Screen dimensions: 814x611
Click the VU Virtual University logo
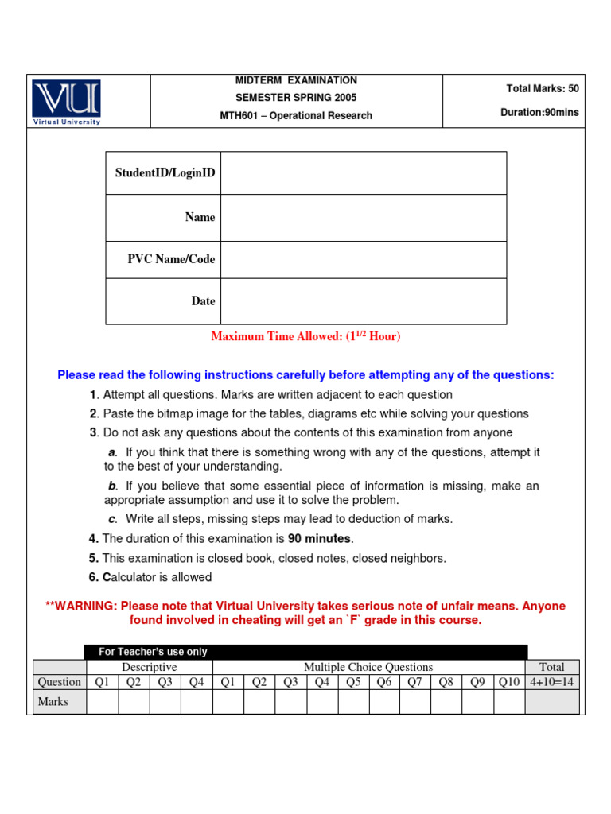click(67, 102)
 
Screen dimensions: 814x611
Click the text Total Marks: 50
click(543, 89)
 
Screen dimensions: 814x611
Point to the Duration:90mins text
click(539, 113)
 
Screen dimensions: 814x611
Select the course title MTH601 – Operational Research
click(296, 116)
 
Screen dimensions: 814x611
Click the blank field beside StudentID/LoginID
click(363, 173)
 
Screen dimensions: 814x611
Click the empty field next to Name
click(363, 218)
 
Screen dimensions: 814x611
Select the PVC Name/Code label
click(171, 259)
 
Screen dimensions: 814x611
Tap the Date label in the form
click(203, 301)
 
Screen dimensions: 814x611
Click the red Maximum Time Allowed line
click(305, 337)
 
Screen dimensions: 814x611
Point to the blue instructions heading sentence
click(305, 375)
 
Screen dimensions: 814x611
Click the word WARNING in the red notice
click(83, 607)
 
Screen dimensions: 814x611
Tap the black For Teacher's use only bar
click(305, 652)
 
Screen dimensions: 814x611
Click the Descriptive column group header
click(149, 667)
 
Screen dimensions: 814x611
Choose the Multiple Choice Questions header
click(368, 667)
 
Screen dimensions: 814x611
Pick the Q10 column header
click(509, 682)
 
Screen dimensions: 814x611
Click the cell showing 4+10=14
click(552, 682)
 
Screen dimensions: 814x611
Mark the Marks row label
click(53, 702)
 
